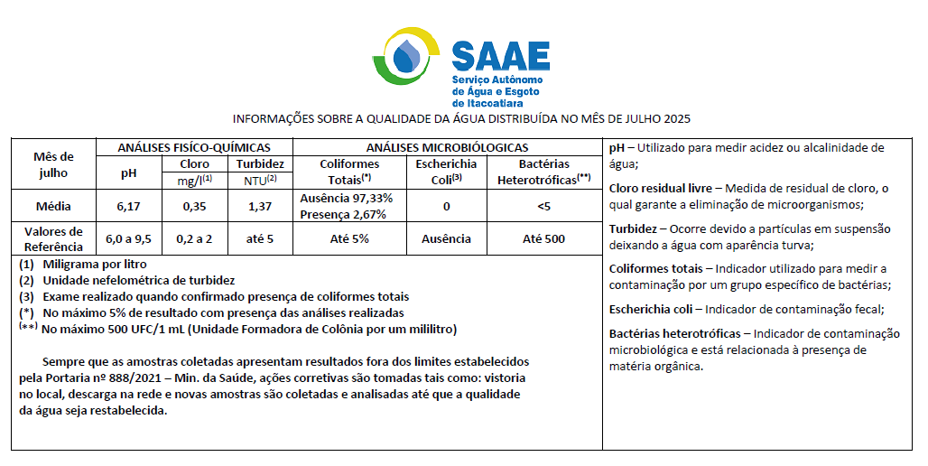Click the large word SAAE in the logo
[500, 55]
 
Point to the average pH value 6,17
[128, 207]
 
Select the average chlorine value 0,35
[194, 207]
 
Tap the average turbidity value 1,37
[260, 207]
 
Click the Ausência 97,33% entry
[346, 199]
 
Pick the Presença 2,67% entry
[343, 214]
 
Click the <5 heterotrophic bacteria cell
[543, 207]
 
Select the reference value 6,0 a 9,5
[128, 239]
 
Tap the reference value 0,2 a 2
[194, 239]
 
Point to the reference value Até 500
[543, 239]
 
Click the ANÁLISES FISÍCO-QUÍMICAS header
[194, 147]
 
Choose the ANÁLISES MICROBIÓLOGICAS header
[447, 147]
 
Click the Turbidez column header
[260, 164]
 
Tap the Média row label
[53, 207]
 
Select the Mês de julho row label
[53, 164]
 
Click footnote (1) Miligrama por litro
[82, 265]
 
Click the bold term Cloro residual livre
[661, 188]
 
